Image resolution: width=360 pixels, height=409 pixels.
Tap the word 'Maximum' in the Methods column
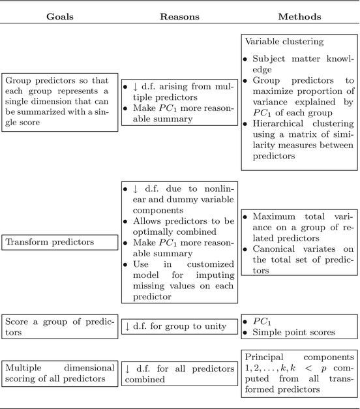pyautogui.click(x=275, y=217)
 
